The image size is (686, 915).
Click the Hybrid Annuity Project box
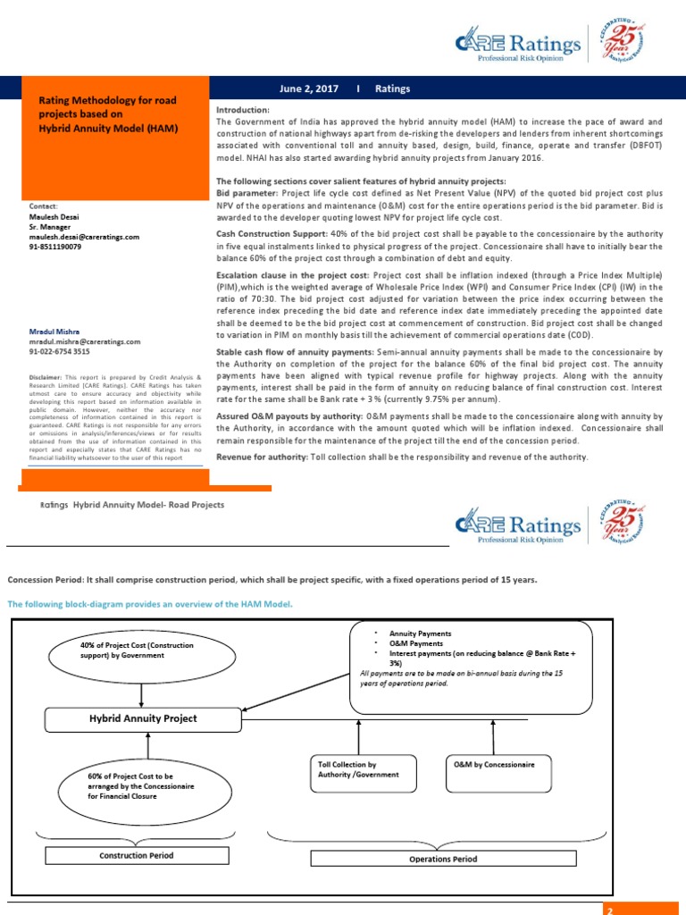point(142,718)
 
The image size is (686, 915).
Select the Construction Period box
point(135,855)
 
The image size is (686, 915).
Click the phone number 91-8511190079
point(54,247)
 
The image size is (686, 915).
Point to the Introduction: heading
point(242,109)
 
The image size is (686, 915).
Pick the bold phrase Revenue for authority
point(261,457)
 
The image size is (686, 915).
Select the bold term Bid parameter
point(247,191)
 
